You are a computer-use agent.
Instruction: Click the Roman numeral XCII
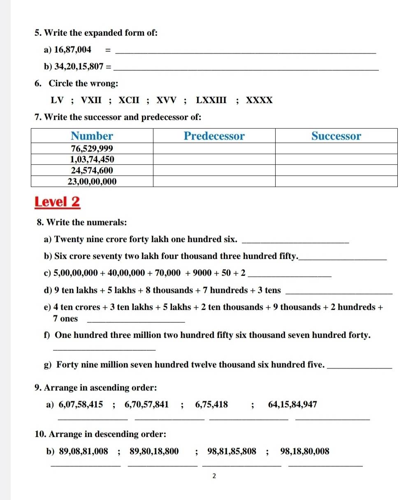pos(129,100)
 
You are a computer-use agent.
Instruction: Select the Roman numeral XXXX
pos(259,100)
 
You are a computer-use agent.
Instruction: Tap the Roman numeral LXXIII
pos(211,100)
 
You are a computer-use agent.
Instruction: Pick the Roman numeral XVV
pos(166,100)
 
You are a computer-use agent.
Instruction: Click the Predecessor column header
pos(214,136)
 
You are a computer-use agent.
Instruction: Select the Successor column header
pos(336,136)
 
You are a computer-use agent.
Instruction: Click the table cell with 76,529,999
pos(92,148)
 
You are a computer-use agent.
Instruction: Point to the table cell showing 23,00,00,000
pos(92,181)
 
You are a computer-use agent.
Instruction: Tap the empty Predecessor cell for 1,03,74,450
pos(214,160)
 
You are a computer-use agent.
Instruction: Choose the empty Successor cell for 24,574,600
pos(336,170)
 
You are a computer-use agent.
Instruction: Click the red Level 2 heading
pos(57,202)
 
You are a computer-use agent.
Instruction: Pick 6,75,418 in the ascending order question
pos(211,405)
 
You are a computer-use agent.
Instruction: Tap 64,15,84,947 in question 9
pos(292,405)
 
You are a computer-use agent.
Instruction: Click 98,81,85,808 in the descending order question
pos(232,452)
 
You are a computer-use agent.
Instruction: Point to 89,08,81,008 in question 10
pos(84,452)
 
